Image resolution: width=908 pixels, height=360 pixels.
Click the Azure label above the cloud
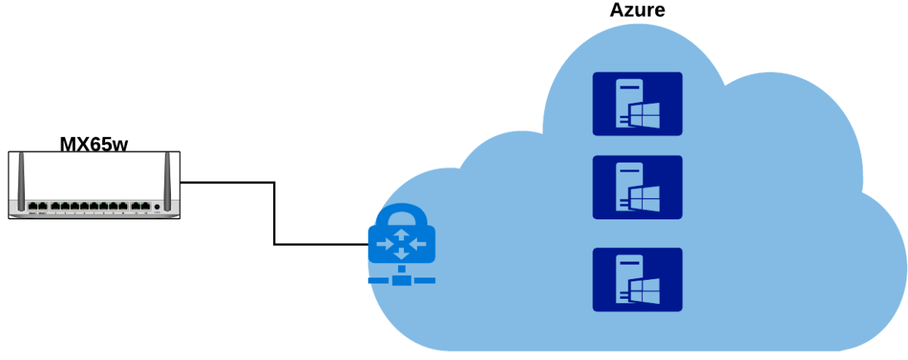pos(637,10)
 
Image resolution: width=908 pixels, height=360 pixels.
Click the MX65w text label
pos(95,144)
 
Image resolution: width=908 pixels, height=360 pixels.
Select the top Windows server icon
pos(637,104)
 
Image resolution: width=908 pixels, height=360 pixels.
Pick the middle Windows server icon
pos(637,188)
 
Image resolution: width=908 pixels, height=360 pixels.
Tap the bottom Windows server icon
pos(637,280)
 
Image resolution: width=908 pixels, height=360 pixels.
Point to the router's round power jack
pos(157,206)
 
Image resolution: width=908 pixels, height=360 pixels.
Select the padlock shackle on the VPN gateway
pos(402,216)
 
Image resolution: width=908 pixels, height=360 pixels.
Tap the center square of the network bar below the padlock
pos(402,281)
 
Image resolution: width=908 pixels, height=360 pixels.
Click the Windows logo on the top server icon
pos(645,116)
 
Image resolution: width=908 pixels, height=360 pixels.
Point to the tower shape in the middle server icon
pos(627,188)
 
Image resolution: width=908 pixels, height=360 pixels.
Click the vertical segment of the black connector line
pos(274,213)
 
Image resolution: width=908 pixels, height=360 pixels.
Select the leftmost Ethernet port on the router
pos(33,206)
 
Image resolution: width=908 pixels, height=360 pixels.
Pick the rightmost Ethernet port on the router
pos(145,206)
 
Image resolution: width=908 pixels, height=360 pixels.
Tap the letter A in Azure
pos(617,10)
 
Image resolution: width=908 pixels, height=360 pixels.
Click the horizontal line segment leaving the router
pos(227,182)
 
